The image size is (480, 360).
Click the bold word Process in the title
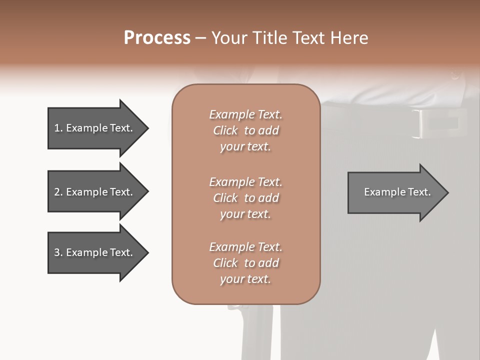click(157, 38)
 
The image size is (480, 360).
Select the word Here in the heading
click(349, 38)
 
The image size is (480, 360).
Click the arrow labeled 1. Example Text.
click(98, 128)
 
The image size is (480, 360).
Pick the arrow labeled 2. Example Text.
click(98, 191)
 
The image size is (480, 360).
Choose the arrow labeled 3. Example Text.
click(98, 252)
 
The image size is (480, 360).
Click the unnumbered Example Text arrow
click(398, 192)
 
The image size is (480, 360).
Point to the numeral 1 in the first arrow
click(56, 128)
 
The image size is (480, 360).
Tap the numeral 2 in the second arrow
click(57, 192)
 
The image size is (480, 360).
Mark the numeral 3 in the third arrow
click(57, 252)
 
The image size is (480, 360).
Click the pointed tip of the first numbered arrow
click(148, 128)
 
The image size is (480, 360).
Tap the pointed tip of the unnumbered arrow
click(448, 192)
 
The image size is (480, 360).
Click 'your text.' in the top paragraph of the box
click(245, 147)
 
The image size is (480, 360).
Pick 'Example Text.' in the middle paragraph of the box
click(246, 182)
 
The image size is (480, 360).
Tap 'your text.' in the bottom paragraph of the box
click(245, 279)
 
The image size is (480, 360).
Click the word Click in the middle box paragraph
click(225, 198)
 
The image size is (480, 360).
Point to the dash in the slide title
click(201, 38)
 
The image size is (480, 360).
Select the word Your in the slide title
click(229, 38)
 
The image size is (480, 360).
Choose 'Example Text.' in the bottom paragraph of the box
click(246, 247)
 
